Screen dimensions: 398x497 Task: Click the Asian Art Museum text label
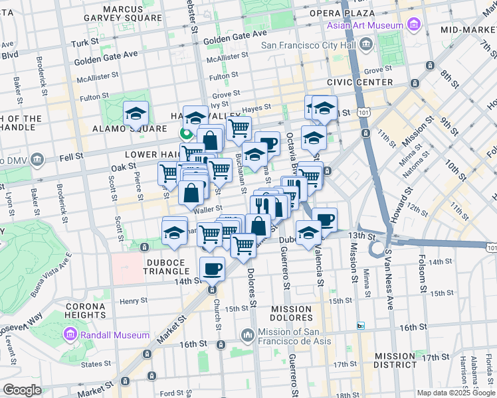(365, 25)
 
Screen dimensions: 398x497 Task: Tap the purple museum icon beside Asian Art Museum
(414, 25)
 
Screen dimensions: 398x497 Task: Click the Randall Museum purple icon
(70, 335)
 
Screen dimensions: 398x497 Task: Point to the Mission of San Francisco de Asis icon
(247, 335)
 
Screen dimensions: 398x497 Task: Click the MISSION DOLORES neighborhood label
(292, 314)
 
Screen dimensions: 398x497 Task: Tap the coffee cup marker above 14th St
(212, 269)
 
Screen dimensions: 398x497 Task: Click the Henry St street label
(134, 301)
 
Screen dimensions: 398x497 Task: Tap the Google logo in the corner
(22, 390)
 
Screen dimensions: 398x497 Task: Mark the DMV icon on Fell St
(37, 160)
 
